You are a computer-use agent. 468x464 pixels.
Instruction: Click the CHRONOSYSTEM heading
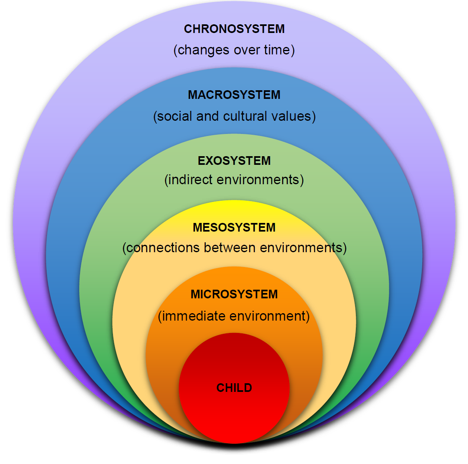(x=234, y=29)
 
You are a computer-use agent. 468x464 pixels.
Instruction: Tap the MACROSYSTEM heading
(x=234, y=95)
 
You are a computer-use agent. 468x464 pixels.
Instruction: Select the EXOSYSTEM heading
(x=234, y=161)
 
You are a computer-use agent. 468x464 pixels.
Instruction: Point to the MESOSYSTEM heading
(x=234, y=227)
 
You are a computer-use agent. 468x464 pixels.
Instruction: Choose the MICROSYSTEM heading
(x=234, y=294)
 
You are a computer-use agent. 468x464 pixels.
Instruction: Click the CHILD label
(x=234, y=388)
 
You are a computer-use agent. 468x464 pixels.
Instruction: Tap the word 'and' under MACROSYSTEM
(x=207, y=116)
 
